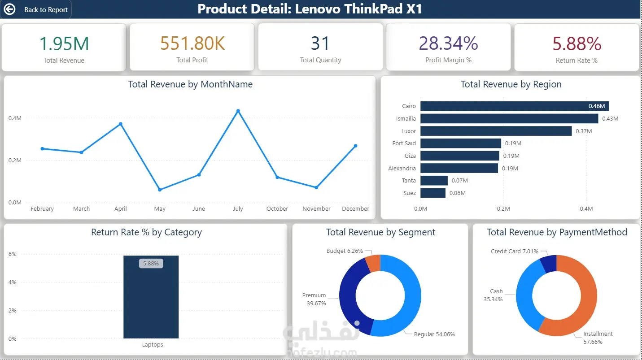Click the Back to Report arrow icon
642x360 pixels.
click(x=9, y=9)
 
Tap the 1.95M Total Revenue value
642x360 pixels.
click(x=64, y=43)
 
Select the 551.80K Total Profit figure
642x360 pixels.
click(x=192, y=43)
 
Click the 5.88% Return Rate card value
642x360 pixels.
click(x=576, y=43)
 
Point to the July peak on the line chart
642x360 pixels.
click(x=238, y=111)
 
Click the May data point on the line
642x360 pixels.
click(x=160, y=190)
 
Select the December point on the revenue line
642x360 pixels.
click(x=355, y=146)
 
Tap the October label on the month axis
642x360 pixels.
click(x=277, y=208)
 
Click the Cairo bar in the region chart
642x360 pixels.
click(x=515, y=106)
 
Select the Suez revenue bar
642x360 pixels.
click(x=433, y=193)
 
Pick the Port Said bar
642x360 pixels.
click(x=461, y=143)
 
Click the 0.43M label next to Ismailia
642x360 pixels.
click(x=610, y=118)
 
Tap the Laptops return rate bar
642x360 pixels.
click(x=151, y=297)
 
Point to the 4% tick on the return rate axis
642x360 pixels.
click(x=12, y=282)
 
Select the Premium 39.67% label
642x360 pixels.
click(x=314, y=299)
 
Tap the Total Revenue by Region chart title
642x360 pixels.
click(x=511, y=84)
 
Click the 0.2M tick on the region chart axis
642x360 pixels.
click(x=503, y=208)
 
